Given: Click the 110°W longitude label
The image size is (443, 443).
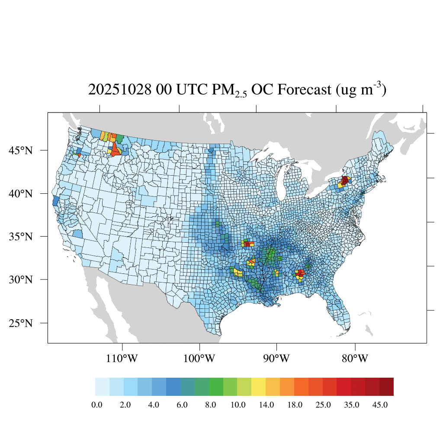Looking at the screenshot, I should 123,359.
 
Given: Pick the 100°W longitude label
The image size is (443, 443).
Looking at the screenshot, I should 200,359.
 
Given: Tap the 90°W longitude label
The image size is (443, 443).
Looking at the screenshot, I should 277,359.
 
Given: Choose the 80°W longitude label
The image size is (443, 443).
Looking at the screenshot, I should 355,359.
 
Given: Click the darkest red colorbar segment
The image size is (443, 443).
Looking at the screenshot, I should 386,387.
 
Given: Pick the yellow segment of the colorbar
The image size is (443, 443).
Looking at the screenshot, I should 259,387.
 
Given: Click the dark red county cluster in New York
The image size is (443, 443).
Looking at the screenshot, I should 345,180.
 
